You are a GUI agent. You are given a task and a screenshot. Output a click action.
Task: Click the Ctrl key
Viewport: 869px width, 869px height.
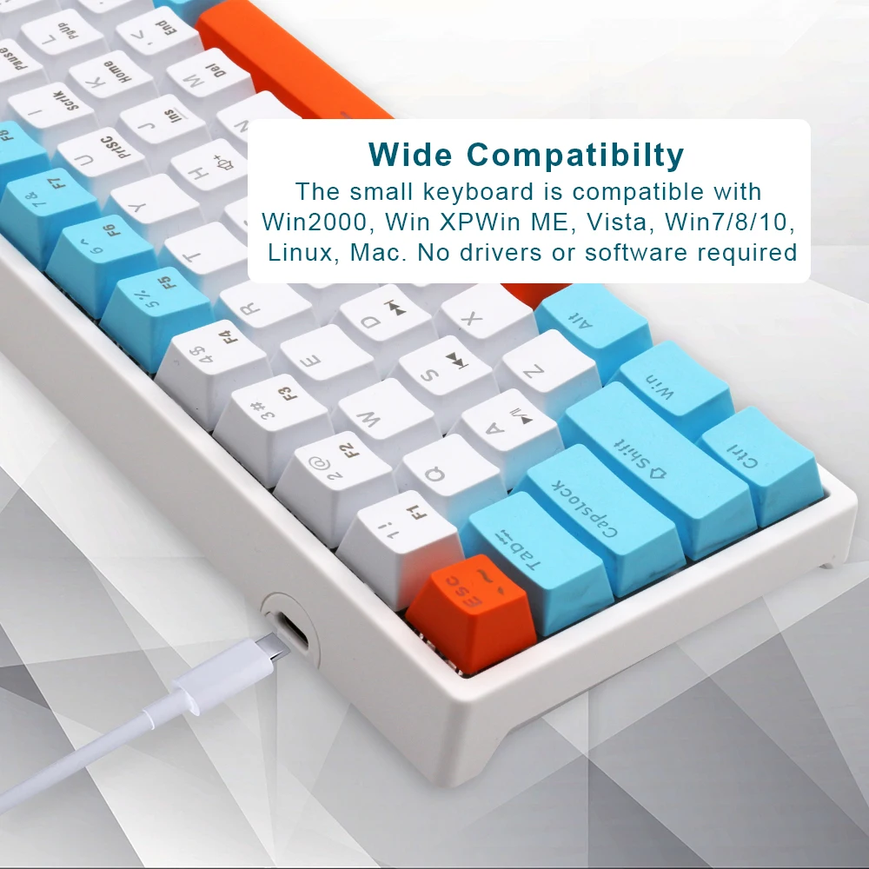click(x=756, y=461)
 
